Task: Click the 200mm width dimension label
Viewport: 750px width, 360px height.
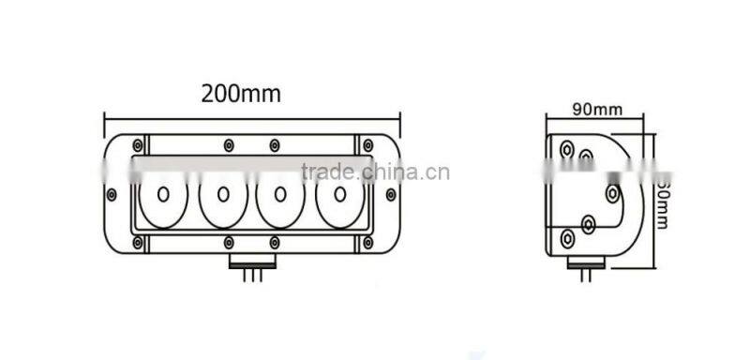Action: (x=241, y=93)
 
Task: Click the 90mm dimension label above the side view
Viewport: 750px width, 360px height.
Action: (x=597, y=109)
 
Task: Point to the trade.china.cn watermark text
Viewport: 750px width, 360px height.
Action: (x=375, y=172)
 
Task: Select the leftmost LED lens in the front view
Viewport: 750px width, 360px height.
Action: (x=164, y=196)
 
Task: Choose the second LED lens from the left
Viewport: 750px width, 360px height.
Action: (x=222, y=196)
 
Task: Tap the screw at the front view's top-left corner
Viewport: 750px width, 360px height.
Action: (x=139, y=145)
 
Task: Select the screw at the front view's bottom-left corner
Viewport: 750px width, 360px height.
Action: (x=139, y=243)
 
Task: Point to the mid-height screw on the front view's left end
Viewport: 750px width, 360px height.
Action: (x=112, y=194)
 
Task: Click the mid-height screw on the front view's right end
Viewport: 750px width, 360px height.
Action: (x=391, y=194)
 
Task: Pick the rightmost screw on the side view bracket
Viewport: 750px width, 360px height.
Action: (x=612, y=193)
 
